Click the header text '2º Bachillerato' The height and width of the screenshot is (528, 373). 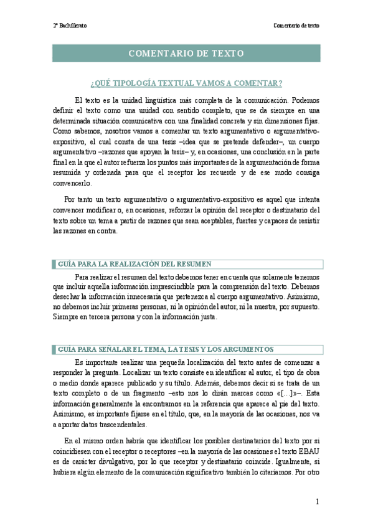tap(70, 26)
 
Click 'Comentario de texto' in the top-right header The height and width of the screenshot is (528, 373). tap(296, 26)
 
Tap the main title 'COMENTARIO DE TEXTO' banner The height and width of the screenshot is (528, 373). tap(186, 54)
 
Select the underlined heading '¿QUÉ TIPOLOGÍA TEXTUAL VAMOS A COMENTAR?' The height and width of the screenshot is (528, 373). tap(186, 83)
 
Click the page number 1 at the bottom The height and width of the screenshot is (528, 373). tap(317, 502)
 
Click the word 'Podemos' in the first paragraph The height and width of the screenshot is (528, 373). tap(305, 99)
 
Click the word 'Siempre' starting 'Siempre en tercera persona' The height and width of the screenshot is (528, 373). tap(67, 316)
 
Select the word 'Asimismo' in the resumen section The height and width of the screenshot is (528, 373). tap(305, 294)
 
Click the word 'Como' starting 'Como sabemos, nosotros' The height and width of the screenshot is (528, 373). tap(62, 133)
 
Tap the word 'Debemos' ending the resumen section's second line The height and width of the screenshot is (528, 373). tap(305, 283)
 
